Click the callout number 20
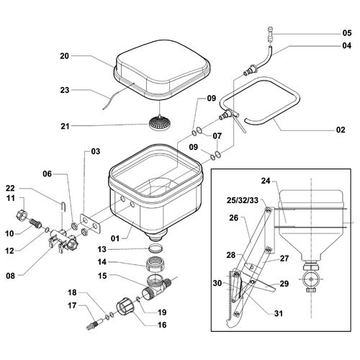coord(64,56)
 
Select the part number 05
coord(347,33)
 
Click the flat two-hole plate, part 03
coord(90,223)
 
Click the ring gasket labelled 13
coord(156,248)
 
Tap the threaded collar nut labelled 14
coord(155,264)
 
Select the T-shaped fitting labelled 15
coord(157,287)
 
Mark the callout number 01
coord(115,238)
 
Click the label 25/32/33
coord(243,200)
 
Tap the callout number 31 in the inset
coord(278,313)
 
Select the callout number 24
coord(266,181)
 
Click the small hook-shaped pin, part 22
coord(63,207)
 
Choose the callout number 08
coord(10,276)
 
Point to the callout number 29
coord(284,284)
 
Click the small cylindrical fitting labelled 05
coord(271,35)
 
